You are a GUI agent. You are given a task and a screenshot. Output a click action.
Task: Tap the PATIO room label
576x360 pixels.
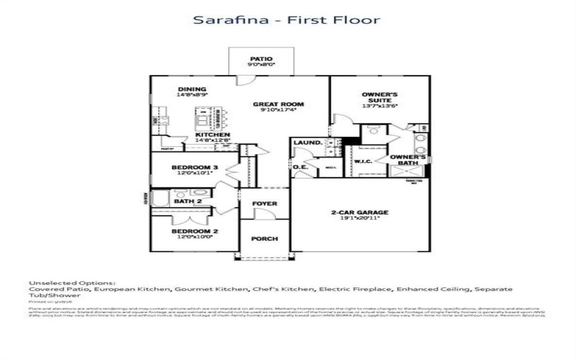click(x=261, y=58)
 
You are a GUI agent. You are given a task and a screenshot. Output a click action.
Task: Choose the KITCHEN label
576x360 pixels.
click(x=213, y=135)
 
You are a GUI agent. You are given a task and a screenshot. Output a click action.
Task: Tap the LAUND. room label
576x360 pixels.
click(x=307, y=143)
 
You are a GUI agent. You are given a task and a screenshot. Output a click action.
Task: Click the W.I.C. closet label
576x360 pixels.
click(x=362, y=162)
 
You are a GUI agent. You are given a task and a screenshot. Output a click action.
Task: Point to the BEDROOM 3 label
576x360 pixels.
click(x=195, y=168)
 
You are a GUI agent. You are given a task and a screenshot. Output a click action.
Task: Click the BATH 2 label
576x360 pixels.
click(x=189, y=202)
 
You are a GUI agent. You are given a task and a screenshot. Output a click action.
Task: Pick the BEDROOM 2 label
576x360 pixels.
click(x=195, y=232)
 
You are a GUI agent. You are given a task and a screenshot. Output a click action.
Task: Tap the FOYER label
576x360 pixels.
click(x=264, y=204)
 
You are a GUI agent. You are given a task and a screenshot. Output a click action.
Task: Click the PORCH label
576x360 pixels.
click(x=264, y=239)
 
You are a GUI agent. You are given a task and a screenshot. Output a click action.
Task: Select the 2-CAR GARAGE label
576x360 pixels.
click(x=359, y=212)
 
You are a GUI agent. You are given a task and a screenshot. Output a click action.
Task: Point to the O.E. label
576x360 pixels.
click(x=300, y=168)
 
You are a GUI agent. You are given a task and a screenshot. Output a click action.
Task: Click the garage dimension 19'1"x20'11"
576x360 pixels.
click(x=359, y=219)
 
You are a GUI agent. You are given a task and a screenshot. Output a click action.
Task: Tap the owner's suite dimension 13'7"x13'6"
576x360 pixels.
click(x=380, y=106)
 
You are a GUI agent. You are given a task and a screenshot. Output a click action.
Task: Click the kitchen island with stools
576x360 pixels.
click(x=209, y=115)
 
